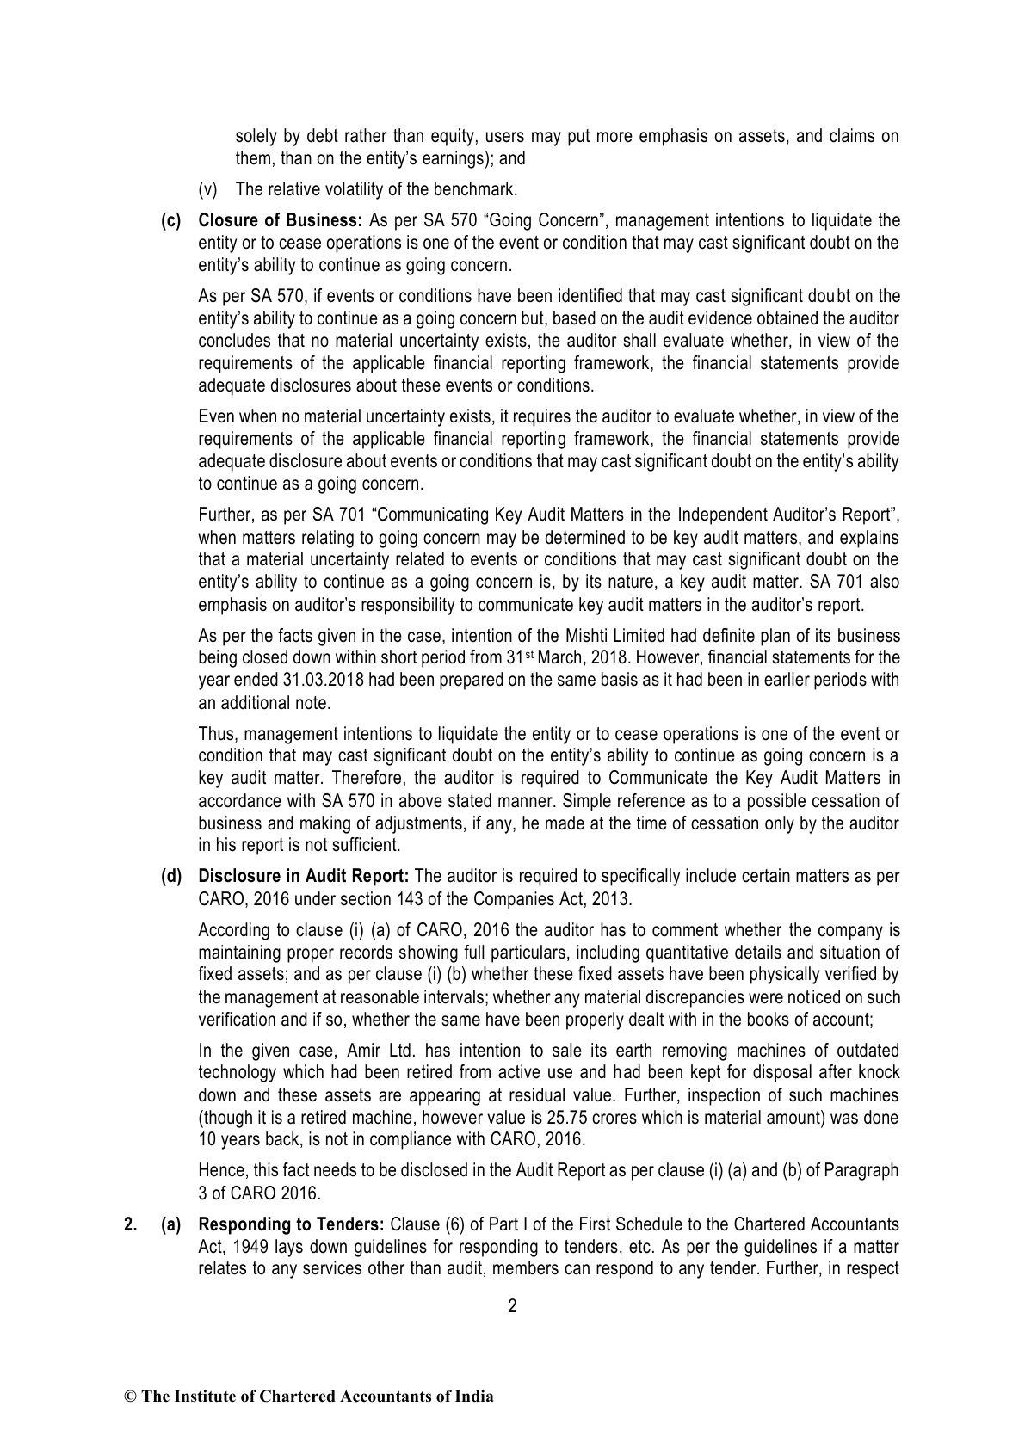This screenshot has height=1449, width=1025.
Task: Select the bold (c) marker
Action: (x=172, y=221)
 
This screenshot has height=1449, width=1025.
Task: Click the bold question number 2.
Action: (x=129, y=1225)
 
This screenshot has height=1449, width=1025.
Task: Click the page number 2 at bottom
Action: (x=512, y=1306)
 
